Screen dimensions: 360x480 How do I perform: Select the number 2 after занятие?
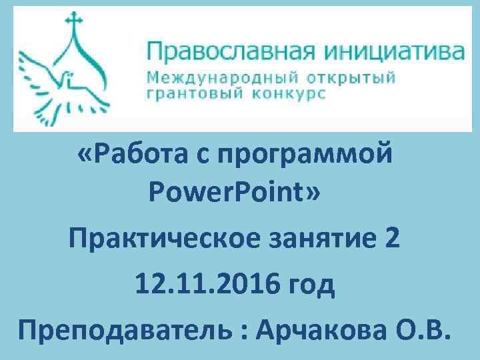[x=393, y=239]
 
